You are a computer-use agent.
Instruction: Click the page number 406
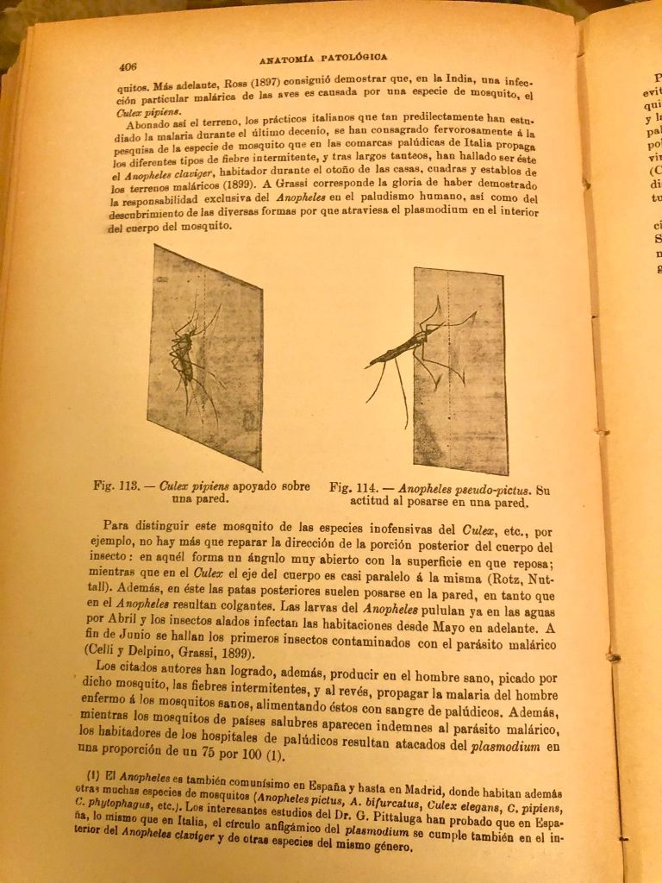coord(128,66)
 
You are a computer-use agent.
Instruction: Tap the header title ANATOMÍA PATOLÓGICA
coord(322,59)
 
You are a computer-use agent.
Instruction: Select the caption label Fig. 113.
coord(116,485)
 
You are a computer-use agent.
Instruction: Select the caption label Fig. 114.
coord(353,488)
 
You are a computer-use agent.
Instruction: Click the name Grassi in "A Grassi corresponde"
coord(321,184)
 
